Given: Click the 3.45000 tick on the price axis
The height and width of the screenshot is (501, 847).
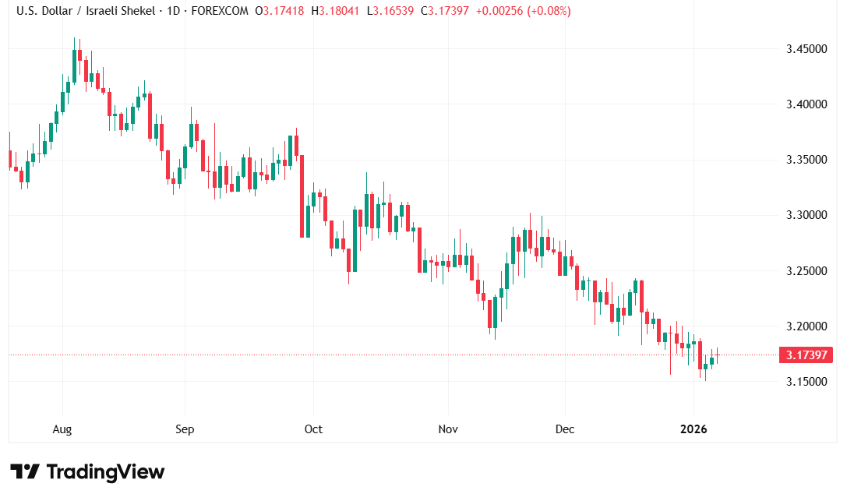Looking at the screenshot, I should [806, 49].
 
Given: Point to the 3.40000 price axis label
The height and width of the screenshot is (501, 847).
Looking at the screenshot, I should [806, 104].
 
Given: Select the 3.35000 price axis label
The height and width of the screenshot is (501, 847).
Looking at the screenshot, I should [806, 160].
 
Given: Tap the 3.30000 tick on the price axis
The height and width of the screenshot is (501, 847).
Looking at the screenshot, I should [806, 215].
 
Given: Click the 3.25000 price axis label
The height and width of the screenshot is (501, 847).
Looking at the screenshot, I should [806, 270].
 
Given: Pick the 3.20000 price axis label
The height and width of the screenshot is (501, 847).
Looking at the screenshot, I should [806, 326].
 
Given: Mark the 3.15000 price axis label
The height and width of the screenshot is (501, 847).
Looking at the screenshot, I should [806, 381].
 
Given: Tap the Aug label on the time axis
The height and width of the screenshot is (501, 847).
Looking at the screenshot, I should [62, 429].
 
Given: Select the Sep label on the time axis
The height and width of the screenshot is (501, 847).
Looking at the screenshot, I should [185, 429].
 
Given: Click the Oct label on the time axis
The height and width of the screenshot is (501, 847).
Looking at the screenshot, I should [313, 429].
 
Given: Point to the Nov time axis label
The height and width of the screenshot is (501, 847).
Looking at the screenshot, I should [448, 429].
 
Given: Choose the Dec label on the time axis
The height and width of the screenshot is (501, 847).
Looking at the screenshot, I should [565, 429].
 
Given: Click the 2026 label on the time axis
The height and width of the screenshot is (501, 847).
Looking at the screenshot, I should [693, 429].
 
